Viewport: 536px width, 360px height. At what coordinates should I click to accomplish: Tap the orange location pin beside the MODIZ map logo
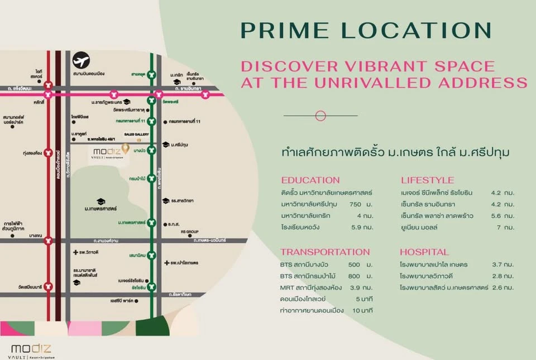point(126,148)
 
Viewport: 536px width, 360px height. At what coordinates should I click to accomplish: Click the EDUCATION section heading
point(310,180)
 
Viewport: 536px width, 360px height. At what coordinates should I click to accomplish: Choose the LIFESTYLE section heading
point(427,180)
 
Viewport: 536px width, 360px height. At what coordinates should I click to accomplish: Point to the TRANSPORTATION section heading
point(325,252)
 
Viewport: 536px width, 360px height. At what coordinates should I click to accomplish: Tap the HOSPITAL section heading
point(424,252)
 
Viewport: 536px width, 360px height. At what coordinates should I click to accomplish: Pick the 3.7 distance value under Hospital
point(496,264)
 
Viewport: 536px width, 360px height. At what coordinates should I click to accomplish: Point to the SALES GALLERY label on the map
point(131,134)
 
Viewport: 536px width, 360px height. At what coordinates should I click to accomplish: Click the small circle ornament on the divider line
point(320,116)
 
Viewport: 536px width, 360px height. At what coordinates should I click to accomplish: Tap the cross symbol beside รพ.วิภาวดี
point(75,253)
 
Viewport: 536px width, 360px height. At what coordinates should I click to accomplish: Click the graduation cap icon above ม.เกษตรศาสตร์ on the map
point(100,201)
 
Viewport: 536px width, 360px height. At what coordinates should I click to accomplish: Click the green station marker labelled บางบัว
point(151,150)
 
